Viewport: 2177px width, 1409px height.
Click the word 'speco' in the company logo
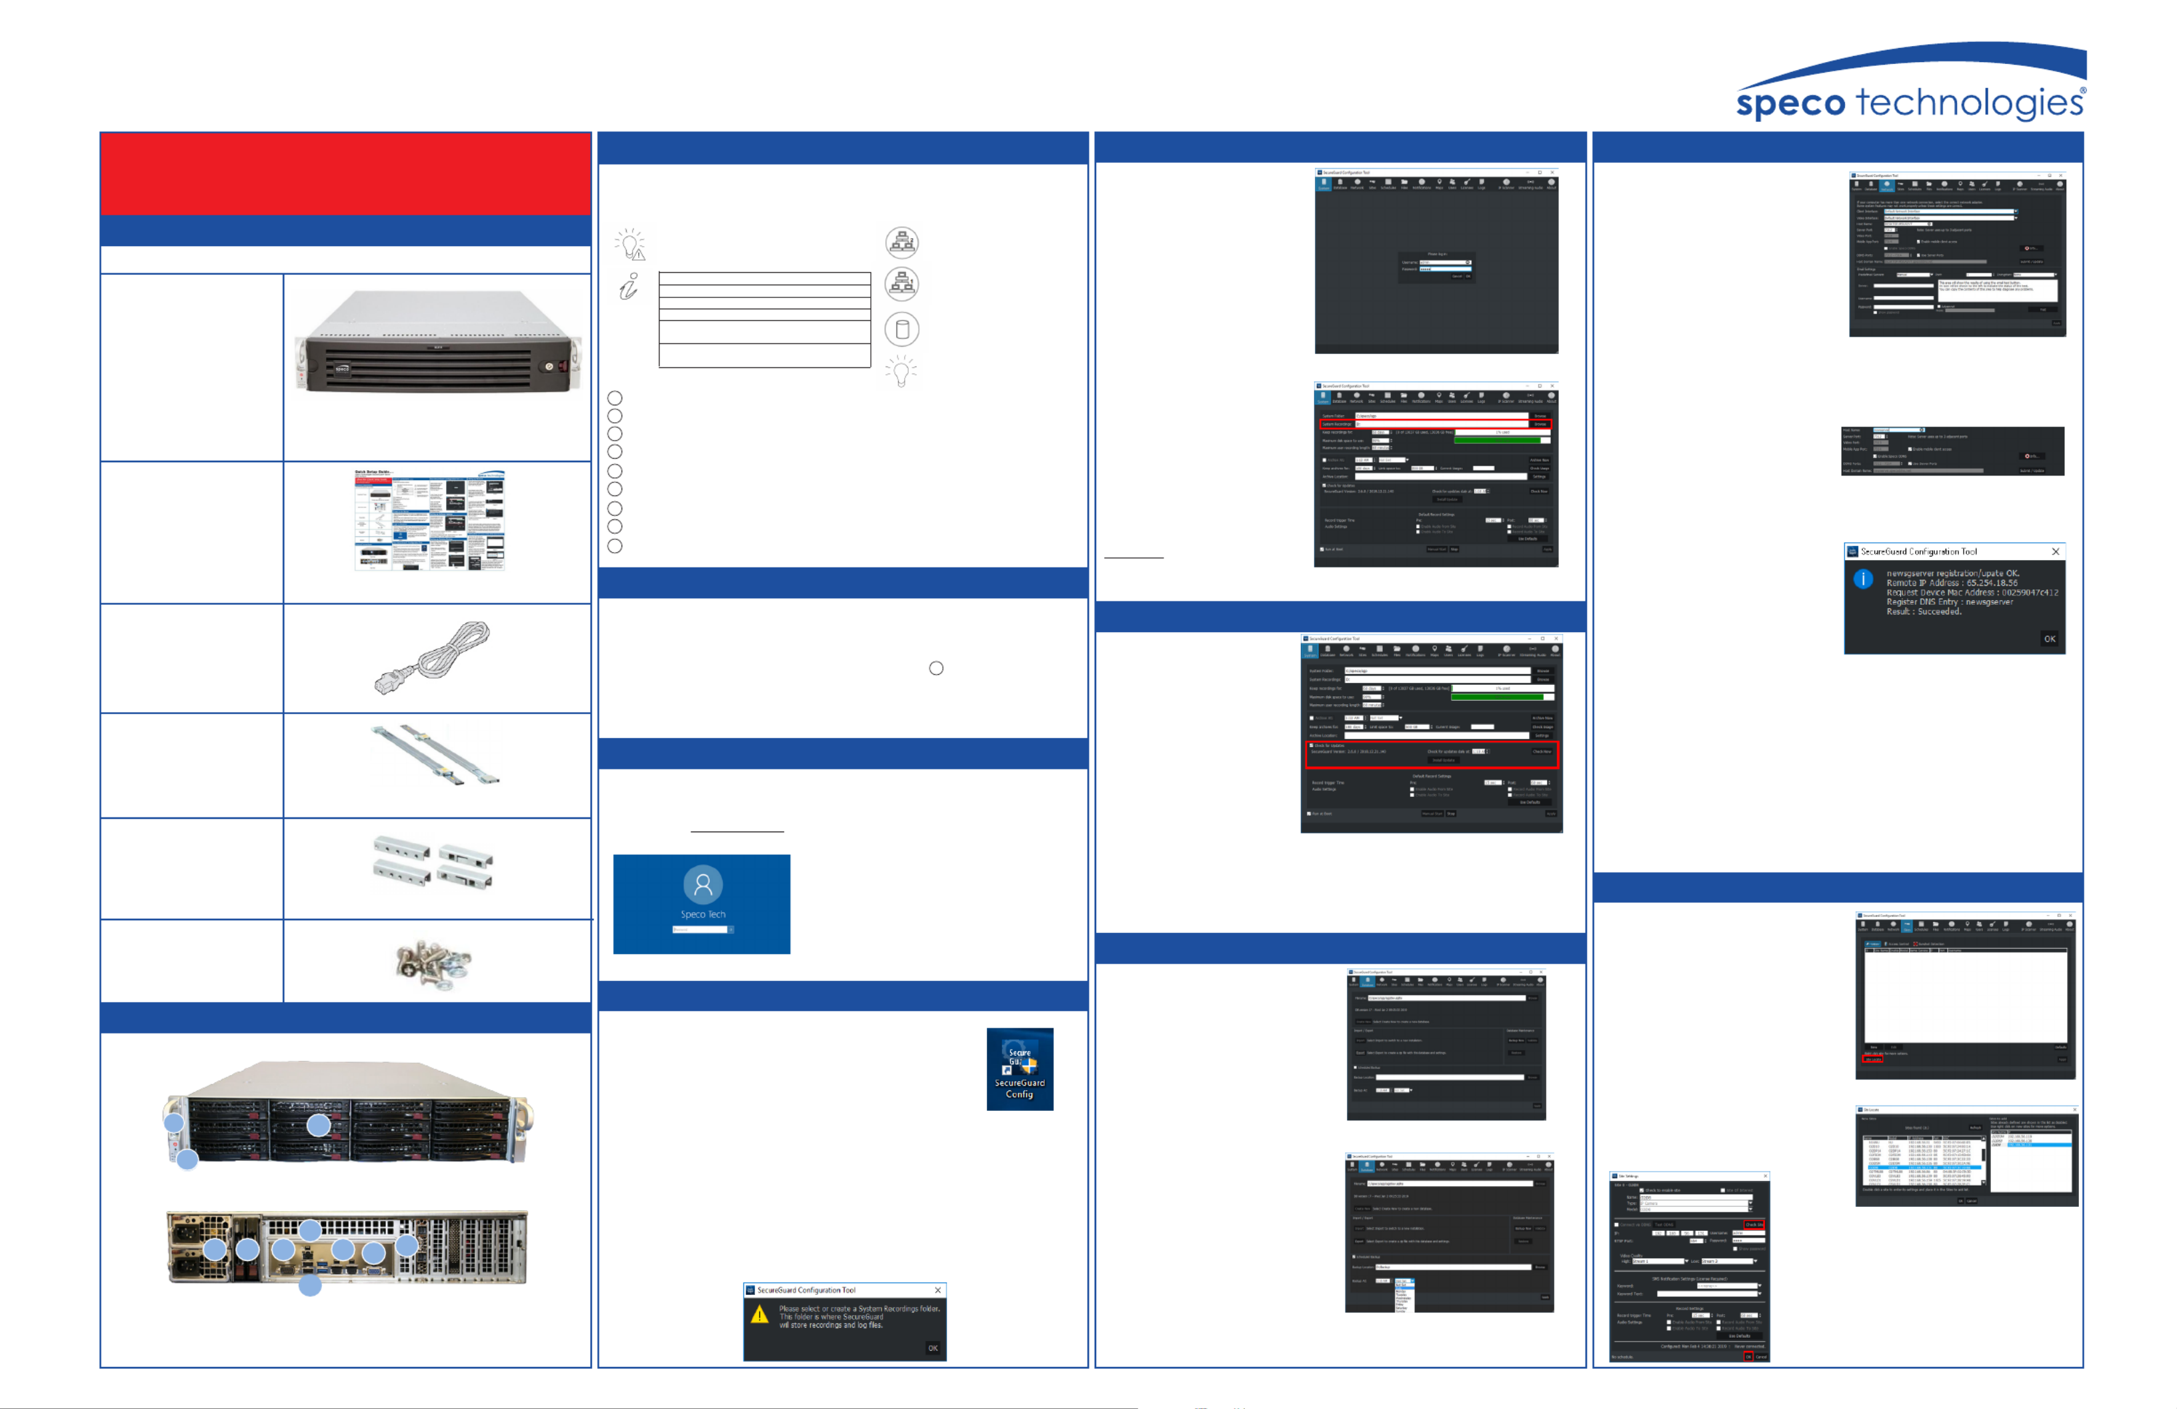click(x=1790, y=104)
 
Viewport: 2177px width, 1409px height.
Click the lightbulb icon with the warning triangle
click(x=630, y=244)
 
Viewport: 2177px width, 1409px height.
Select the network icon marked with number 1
click(x=902, y=243)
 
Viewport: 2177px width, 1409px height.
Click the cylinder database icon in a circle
click(x=902, y=329)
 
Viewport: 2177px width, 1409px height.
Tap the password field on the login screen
click(x=699, y=930)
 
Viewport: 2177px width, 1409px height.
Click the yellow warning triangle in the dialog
click(x=759, y=1315)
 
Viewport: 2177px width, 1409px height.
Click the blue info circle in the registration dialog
click(x=1862, y=579)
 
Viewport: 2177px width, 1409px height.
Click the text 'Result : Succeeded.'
click(x=1924, y=611)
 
